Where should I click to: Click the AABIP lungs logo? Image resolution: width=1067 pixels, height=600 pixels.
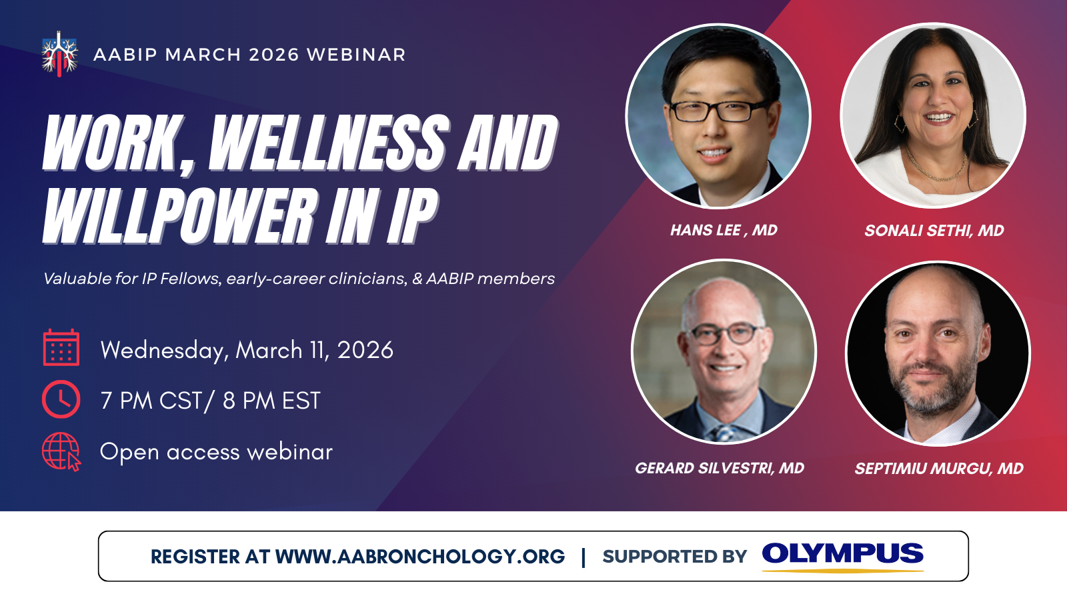click(x=59, y=54)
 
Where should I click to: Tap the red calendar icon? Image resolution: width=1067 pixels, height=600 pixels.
click(x=61, y=347)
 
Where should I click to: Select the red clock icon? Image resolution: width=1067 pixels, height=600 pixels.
click(x=61, y=399)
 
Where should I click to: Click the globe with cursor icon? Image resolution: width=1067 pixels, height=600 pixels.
click(x=61, y=451)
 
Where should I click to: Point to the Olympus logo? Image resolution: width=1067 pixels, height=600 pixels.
click(x=843, y=556)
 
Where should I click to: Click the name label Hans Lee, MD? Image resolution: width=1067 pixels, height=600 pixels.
click(x=724, y=231)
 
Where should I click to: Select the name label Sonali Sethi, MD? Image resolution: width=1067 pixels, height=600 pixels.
click(x=934, y=231)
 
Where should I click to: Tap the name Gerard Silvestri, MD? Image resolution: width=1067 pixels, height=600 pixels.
click(x=720, y=468)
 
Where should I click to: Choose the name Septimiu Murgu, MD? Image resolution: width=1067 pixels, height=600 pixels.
click(x=939, y=469)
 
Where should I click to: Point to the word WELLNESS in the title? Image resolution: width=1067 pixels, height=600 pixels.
click(x=329, y=143)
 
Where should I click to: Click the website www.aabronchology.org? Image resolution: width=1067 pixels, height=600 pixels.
click(x=420, y=556)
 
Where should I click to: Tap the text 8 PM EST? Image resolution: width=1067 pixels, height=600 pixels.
click(x=271, y=400)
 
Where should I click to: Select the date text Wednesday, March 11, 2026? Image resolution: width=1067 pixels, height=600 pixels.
click(x=247, y=351)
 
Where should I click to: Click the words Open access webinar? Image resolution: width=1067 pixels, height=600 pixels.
click(x=216, y=451)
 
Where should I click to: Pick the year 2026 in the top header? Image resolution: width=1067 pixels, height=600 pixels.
click(x=274, y=55)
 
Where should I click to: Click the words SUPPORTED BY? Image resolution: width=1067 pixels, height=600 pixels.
click(x=674, y=557)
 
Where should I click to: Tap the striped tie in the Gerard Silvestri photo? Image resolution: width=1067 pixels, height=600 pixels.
click(x=724, y=433)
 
